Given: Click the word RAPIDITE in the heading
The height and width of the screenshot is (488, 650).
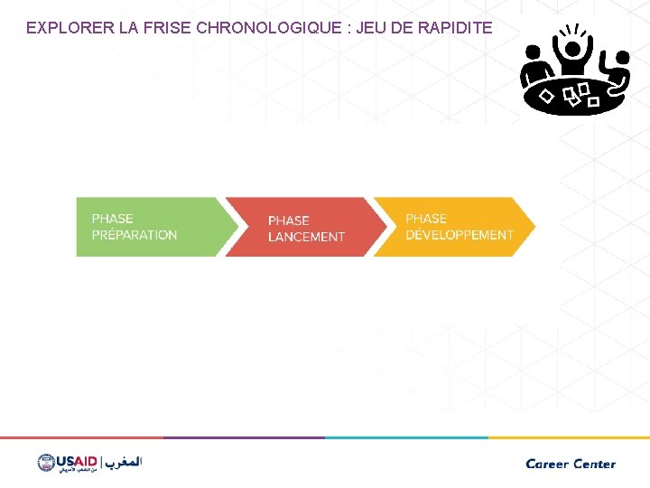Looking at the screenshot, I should tap(455, 28).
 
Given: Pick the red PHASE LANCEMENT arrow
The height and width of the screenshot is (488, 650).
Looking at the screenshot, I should tap(298, 227).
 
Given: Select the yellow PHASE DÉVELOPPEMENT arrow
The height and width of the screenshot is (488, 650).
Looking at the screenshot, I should tap(451, 227).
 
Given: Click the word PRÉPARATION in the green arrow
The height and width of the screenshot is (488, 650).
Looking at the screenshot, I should tap(135, 235).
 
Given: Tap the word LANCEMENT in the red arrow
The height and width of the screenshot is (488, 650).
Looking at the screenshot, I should tap(306, 237).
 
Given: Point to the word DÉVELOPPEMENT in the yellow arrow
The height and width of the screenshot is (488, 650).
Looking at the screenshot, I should tap(460, 235).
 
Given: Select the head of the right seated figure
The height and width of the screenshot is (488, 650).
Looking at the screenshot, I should tap(620, 59).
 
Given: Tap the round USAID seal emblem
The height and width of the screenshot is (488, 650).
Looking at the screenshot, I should tap(46, 463).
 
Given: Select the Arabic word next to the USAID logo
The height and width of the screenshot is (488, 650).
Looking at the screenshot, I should tap(122, 462).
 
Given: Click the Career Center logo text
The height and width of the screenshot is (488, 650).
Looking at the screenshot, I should tap(571, 464).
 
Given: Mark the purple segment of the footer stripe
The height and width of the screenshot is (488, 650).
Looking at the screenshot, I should tap(244, 437).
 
